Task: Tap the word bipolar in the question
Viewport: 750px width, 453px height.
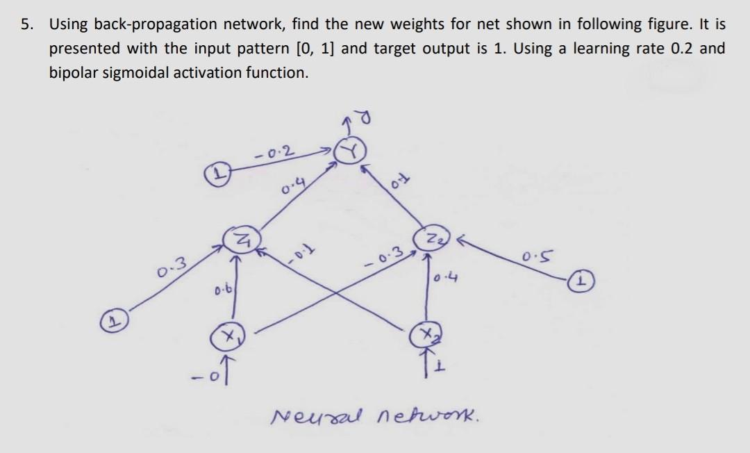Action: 73,72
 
